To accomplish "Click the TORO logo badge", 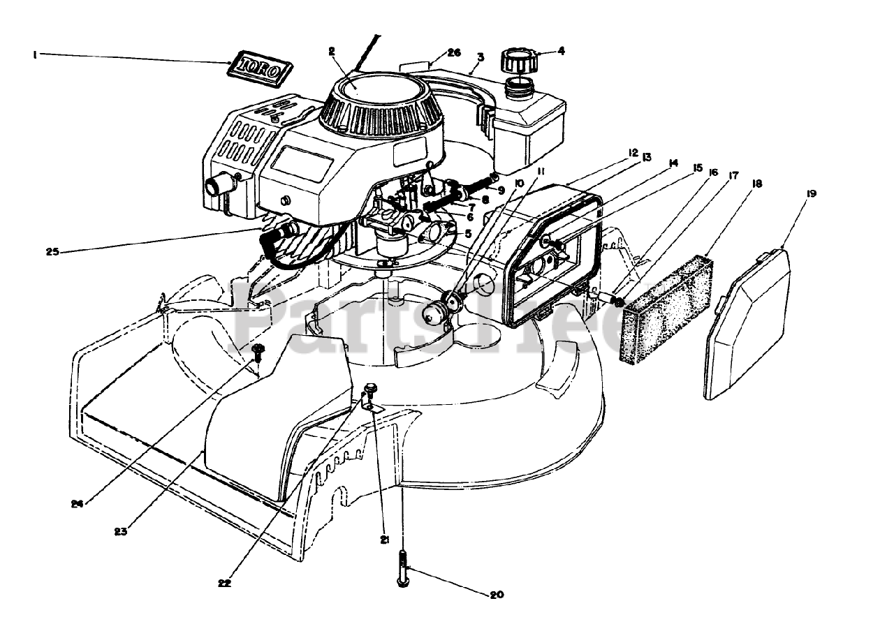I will [x=260, y=68].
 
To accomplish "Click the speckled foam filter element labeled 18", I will [x=667, y=310].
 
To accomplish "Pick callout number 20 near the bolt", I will [x=497, y=595].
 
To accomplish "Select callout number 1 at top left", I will [x=34, y=54].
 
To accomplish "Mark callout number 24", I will [x=76, y=503].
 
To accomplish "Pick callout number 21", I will [x=383, y=539].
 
